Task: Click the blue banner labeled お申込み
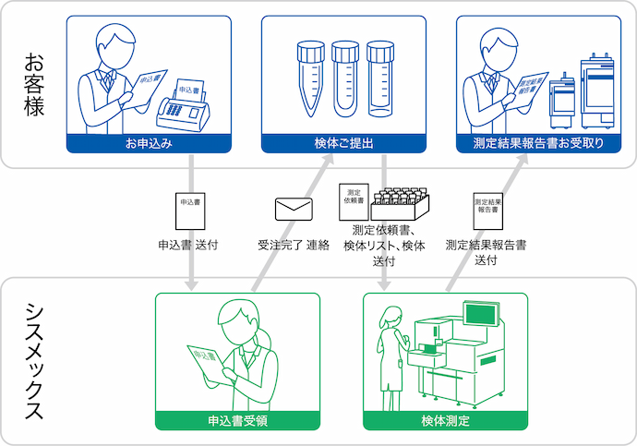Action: coord(149,144)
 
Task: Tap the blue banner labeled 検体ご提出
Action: coord(343,144)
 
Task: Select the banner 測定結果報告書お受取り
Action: coord(538,144)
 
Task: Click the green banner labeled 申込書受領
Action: coord(237,421)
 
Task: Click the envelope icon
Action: coord(294,210)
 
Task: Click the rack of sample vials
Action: coord(401,205)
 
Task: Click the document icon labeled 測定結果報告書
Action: coord(486,209)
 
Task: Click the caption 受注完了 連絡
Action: coord(294,247)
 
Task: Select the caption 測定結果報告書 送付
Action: coord(486,253)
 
